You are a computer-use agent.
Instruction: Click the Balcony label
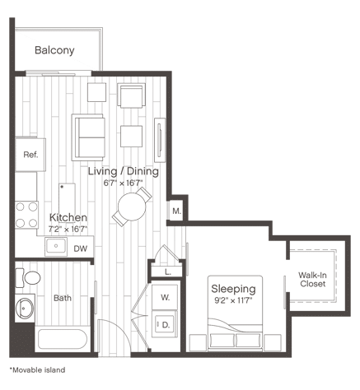coord(54,50)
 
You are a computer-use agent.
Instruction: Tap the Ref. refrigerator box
coord(30,155)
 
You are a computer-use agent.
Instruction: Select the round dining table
coord(132,207)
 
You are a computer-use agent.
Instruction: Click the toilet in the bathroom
coord(28,278)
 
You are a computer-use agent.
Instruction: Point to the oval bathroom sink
coord(25,308)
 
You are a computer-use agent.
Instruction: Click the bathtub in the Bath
coord(63,339)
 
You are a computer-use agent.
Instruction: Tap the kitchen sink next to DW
coord(56,246)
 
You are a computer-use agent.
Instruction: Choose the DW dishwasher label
coord(81,248)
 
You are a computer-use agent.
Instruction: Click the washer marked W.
coord(165,297)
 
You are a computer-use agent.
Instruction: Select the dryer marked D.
coord(165,325)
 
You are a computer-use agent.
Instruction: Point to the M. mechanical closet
coord(176,211)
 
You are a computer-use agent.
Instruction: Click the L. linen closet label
coord(168,272)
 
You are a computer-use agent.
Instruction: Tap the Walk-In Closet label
coord(312,279)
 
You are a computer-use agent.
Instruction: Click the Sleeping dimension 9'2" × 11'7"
coord(233,300)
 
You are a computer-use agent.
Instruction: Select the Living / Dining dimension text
coord(123,183)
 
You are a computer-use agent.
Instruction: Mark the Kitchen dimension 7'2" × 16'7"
coord(68,229)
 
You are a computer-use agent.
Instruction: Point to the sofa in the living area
coord(88,137)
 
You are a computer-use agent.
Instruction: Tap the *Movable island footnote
coord(37,370)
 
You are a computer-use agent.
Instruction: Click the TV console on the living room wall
coord(160,140)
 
